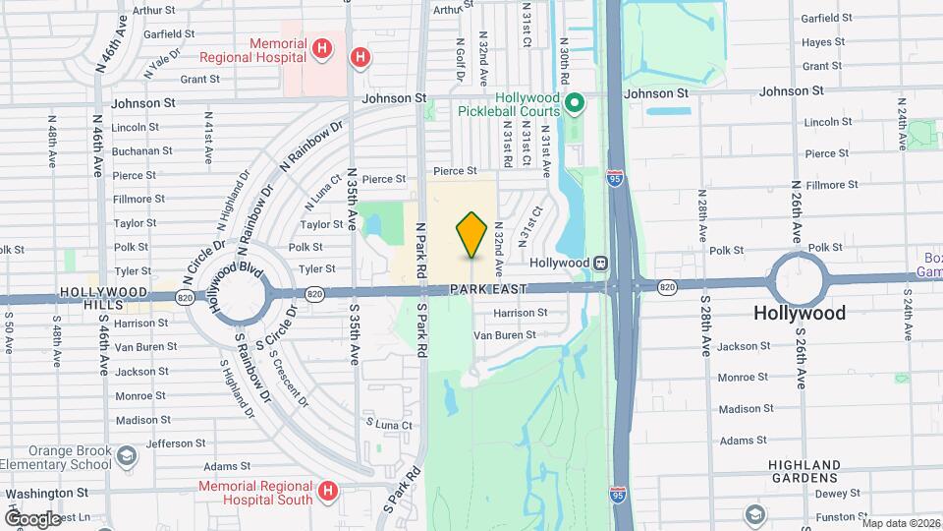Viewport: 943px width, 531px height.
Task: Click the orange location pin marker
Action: click(472, 235)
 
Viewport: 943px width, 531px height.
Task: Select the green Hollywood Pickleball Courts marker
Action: click(577, 101)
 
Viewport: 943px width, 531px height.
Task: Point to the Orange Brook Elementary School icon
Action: click(127, 456)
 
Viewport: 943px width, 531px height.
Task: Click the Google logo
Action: click(31, 518)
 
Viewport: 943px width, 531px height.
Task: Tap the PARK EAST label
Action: click(488, 290)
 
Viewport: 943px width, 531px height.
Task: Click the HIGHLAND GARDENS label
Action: click(804, 471)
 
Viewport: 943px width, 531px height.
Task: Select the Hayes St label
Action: click(823, 42)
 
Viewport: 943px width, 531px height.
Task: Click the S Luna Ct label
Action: click(390, 424)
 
